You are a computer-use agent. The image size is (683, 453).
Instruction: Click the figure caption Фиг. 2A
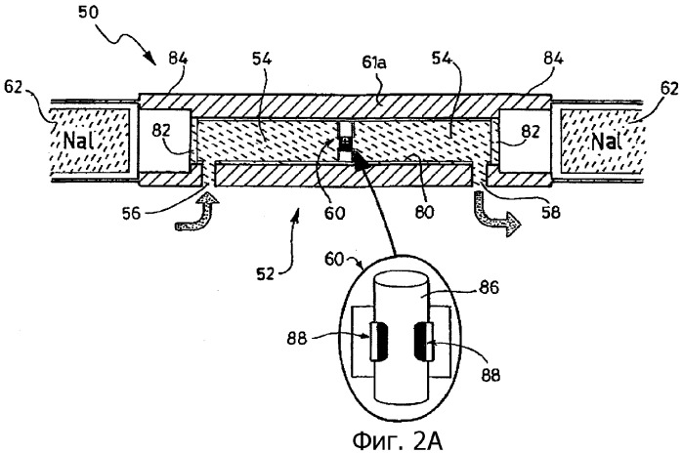[x=396, y=436]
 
